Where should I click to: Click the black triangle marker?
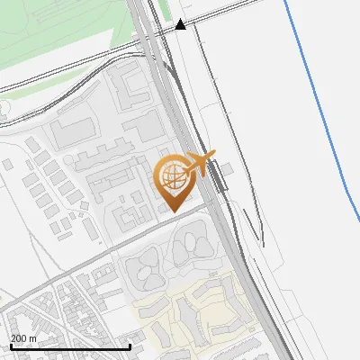(181, 24)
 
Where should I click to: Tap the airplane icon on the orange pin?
(200, 163)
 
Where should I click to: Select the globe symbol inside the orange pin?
(175, 177)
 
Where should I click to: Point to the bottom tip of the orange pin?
(174, 211)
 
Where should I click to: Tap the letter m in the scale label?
(33, 338)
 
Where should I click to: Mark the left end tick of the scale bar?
(11, 346)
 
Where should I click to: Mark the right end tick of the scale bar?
(130, 346)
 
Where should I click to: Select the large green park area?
(54, 36)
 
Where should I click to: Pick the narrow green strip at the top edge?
(163, 9)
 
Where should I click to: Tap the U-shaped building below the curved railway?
(130, 90)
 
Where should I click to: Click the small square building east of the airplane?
(228, 168)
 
